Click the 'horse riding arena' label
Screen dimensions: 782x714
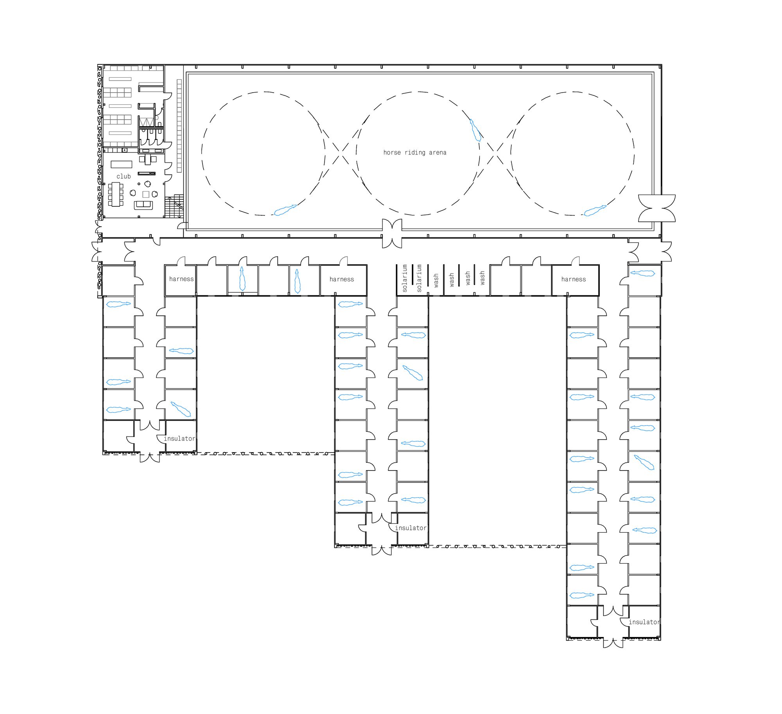(415, 152)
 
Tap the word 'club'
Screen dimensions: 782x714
(124, 176)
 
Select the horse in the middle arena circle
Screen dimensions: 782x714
(475, 131)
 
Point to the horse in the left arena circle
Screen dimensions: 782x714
(285, 210)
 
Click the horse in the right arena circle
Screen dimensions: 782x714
(595, 211)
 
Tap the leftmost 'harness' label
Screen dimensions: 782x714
(181, 279)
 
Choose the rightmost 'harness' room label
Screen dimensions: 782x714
(574, 279)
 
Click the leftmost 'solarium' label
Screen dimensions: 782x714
(405, 278)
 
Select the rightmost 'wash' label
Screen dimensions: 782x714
(482, 278)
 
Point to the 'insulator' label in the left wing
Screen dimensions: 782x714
(179, 438)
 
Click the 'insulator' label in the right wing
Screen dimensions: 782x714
(644, 622)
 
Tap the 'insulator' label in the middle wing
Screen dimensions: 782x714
(411, 528)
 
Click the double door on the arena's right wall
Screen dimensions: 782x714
(657, 208)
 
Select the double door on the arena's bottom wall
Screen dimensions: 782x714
(392, 233)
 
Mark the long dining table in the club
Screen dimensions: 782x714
(116, 194)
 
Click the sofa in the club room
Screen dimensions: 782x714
(143, 205)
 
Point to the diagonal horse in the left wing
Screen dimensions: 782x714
(181, 409)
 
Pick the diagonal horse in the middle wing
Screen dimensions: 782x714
(413, 373)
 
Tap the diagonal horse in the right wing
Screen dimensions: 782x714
(644, 462)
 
